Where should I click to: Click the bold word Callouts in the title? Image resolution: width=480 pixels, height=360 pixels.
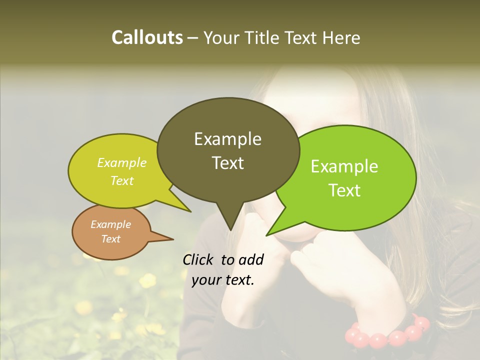coord(147,37)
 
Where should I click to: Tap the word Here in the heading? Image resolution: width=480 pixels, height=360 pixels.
coord(341,37)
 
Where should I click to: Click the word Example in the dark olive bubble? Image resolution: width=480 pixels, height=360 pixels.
coord(227,139)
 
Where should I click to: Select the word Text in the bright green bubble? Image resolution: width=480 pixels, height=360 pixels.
coord(344,190)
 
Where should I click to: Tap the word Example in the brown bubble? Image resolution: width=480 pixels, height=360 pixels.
coord(110,224)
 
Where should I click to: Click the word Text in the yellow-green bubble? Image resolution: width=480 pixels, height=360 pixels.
coord(121,180)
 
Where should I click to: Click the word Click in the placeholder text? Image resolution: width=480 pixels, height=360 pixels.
coord(199,259)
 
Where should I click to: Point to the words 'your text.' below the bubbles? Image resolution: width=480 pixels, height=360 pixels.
coord(223,280)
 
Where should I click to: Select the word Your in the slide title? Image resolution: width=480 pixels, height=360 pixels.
coord(221,37)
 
